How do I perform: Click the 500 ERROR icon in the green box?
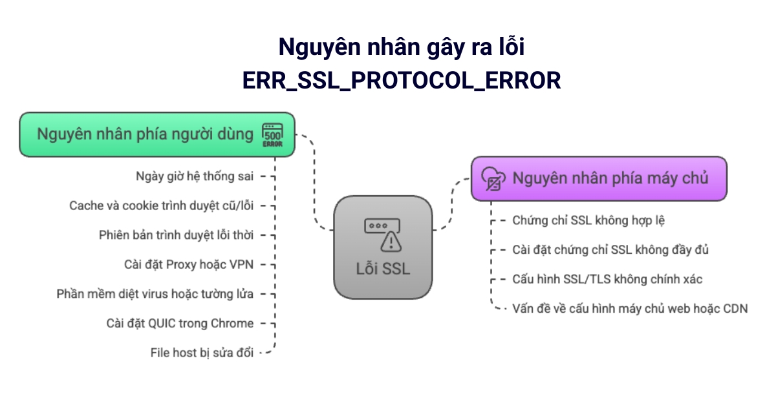(x=272, y=134)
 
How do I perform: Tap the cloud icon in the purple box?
(x=492, y=178)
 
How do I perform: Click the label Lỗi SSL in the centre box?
(x=383, y=269)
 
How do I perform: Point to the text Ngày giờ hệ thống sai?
(x=195, y=176)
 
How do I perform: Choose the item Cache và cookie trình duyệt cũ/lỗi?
(x=162, y=205)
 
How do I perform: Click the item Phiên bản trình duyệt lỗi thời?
(x=177, y=235)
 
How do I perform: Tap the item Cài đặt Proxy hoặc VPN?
(x=189, y=264)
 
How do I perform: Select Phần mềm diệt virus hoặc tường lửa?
(x=155, y=293)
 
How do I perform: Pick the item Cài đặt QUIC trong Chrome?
(x=180, y=323)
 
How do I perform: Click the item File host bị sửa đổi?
(x=201, y=352)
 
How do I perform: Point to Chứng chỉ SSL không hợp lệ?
(x=588, y=220)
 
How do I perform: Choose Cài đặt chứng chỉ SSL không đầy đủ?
(x=610, y=249)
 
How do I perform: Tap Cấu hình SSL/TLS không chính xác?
(x=607, y=279)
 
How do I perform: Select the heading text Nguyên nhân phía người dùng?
(x=145, y=134)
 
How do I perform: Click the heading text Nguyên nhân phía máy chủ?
(x=610, y=178)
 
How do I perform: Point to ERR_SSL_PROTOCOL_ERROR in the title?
(x=401, y=80)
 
